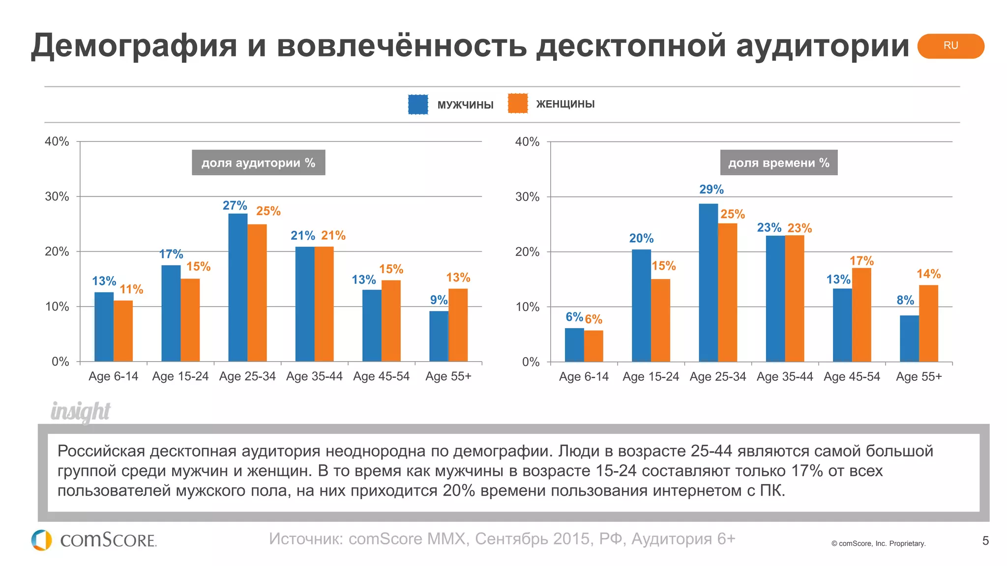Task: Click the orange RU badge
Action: tap(950, 46)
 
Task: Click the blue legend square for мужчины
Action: tap(418, 104)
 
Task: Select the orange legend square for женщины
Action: tap(518, 104)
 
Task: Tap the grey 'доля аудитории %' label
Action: tap(258, 163)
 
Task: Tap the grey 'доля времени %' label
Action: tap(778, 163)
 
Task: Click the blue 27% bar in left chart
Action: tap(238, 287)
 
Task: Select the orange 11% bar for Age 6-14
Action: tap(123, 331)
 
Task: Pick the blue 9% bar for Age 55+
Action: tap(439, 336)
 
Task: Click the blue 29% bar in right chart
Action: tap(708, 283)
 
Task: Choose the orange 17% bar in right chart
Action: tap(861, 314)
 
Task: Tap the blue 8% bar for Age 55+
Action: tap(909, 339)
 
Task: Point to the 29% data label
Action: tap(711, 189)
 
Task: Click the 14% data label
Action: tap(928, 274)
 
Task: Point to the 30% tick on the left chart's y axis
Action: tap(57, 197)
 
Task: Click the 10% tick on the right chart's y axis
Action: tap(527, 307)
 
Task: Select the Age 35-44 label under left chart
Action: tap(314, 376)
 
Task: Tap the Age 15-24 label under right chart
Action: tap(651, 377)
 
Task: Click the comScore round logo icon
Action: tap(42, 540)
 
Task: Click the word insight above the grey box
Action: tap(81, 411)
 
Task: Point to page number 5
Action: tap(985, 541)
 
